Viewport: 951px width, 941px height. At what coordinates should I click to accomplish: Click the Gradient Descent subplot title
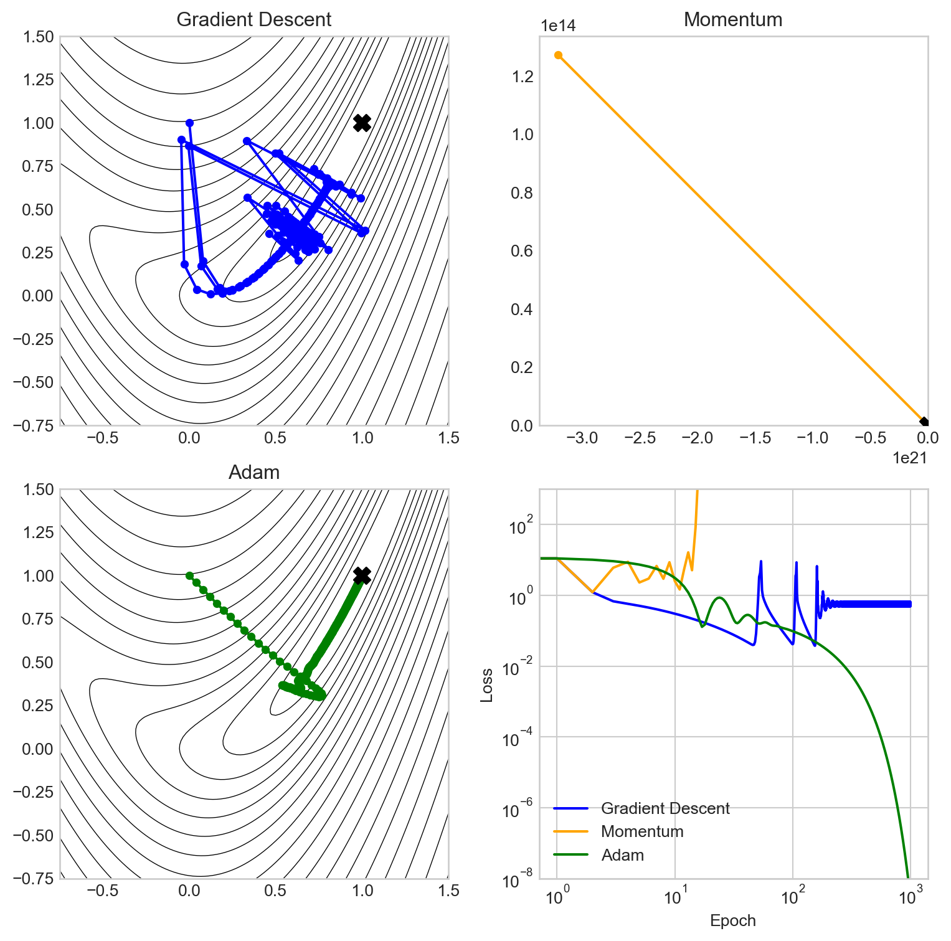(254, 19)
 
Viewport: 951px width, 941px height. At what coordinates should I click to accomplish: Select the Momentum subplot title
(733, 19)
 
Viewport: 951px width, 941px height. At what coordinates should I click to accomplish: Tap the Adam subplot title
(254, 473)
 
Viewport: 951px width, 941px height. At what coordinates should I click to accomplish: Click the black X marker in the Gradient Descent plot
(362, 123)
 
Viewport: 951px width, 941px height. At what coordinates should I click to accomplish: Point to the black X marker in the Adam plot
(362, 575)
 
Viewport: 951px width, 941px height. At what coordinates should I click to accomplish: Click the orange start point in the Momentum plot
(559, 55)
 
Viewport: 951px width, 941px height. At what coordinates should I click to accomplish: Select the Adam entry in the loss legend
(622, 855)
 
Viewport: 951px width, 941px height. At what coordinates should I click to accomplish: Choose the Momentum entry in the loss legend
(642, 831)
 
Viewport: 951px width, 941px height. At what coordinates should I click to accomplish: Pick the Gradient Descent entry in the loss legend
(665, 808)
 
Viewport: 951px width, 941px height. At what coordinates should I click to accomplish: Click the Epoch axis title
(733, 921)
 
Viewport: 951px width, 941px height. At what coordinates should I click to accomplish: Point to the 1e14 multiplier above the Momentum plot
(558, 26)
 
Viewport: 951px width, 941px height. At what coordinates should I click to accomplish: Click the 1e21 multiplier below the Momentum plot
(910, 458)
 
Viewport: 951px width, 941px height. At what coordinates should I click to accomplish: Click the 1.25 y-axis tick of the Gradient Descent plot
(39, 80)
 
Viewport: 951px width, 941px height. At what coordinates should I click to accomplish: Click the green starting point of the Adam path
(189, 575)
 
